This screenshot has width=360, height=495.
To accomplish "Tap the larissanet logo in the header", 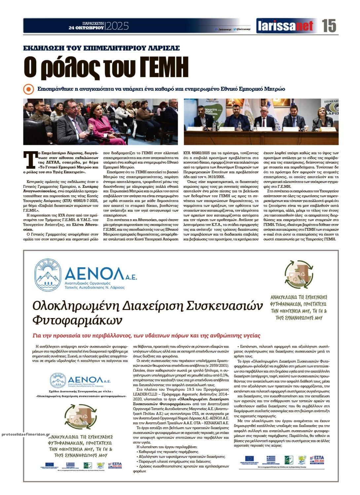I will (285, 26).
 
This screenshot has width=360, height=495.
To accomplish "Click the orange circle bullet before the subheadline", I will (29, 89).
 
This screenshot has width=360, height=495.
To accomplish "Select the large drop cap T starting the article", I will (30, 160).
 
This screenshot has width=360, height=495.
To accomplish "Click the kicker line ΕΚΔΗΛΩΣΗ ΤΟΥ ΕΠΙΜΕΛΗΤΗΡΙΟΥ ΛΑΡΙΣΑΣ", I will (101, 48).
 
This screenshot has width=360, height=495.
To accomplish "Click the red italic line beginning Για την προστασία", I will (146, 336).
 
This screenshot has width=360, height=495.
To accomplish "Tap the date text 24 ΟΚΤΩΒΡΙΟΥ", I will (87, 28).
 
